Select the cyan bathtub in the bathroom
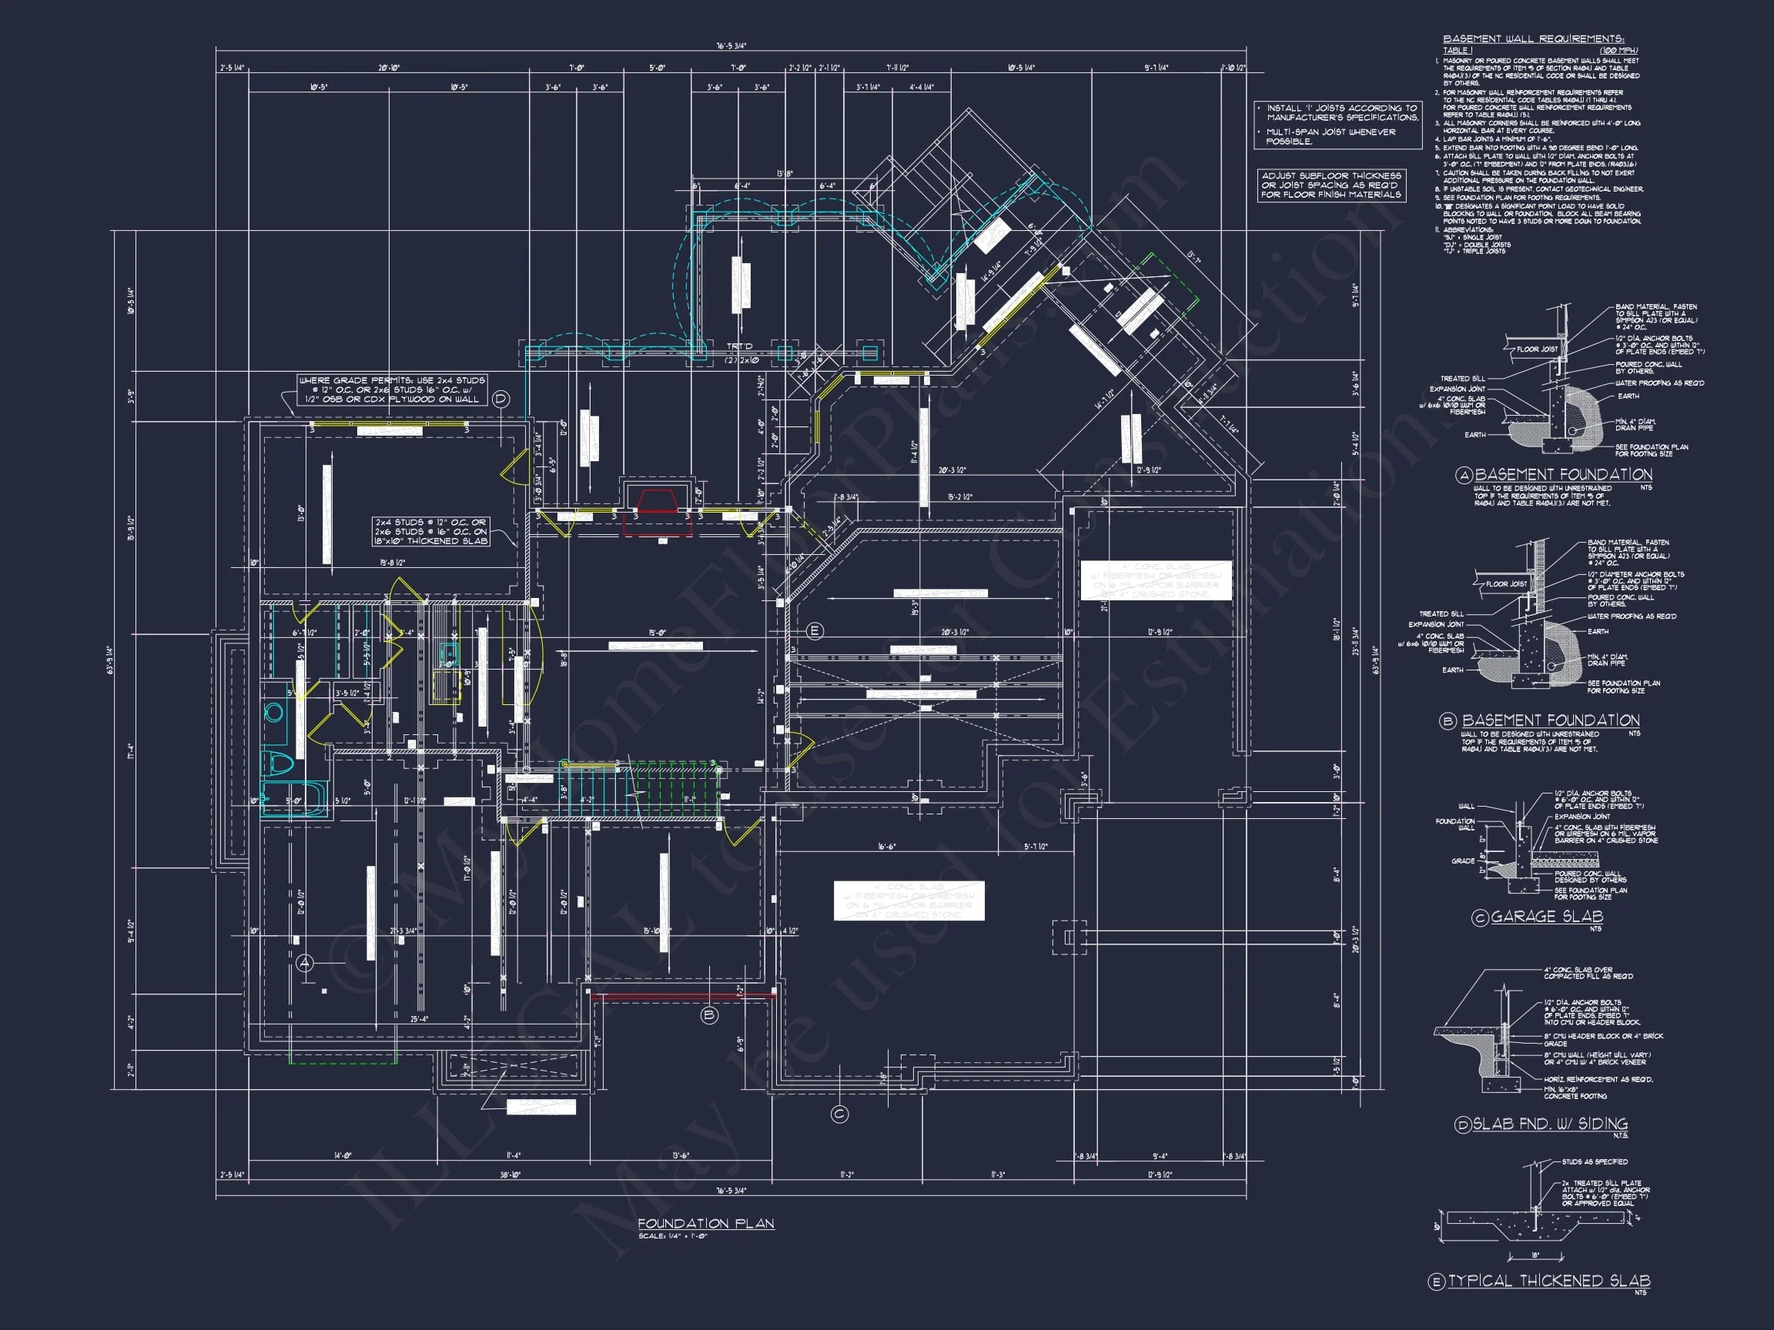(x=293, y=799)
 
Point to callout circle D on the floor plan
(x=500, y=399)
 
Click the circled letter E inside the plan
(x=815, y=631)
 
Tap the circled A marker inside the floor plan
(x=305, y=963)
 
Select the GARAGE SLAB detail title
(x=1546, y=917)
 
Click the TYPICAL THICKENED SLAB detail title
(x=1548, y=1281)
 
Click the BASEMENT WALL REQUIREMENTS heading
(x=1532, y=38)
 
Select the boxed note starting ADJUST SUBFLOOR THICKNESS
(x=1331, y=185)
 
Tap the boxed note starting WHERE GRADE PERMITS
(x=391, y=389)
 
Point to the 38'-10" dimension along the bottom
(x=510, y=1175)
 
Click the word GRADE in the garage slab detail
(x=1463, y=860)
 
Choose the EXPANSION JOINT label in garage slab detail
(x=1582, y=816)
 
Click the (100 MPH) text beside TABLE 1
(x=1618, y=50)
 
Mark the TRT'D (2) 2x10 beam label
(x=741, y=353)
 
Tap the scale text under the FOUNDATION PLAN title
(x=672, y=1236)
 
